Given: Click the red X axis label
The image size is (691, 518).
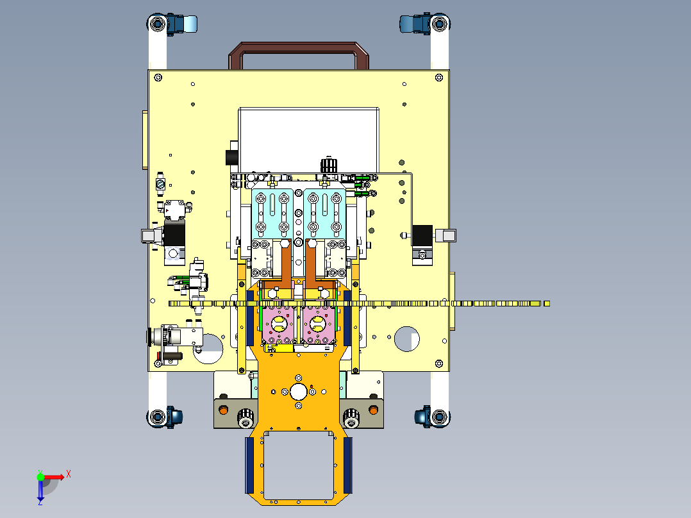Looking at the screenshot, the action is click(69, 474).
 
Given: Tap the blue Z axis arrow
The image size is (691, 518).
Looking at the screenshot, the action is click(40, 492).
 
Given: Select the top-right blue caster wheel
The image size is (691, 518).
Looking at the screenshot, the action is click(415, 24).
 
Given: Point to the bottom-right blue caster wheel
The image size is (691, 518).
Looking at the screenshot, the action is click(422, 417).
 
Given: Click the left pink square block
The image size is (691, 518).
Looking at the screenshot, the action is click(278, 324).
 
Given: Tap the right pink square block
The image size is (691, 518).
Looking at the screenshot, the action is click(318, 324).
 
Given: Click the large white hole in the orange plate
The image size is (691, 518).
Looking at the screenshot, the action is click(298, 392).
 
